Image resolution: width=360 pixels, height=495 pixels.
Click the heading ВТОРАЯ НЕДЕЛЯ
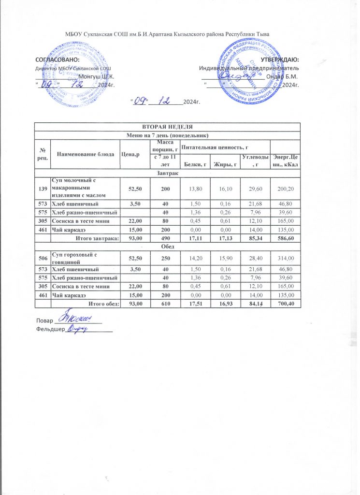click(x=167, y=126)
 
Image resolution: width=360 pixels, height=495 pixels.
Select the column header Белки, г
click(x=195, y=166)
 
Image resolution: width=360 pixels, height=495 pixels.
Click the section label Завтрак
click(x=167, y=173)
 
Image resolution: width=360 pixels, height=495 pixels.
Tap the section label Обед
click(x=167, y=246)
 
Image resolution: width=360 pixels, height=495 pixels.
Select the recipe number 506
click(x=43, y=256)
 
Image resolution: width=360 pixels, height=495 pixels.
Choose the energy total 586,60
click(x=285, y=239)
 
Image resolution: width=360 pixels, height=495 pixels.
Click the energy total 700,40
click(x=285, y=304)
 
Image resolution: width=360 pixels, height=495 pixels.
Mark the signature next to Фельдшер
click(x=77, y=329)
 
